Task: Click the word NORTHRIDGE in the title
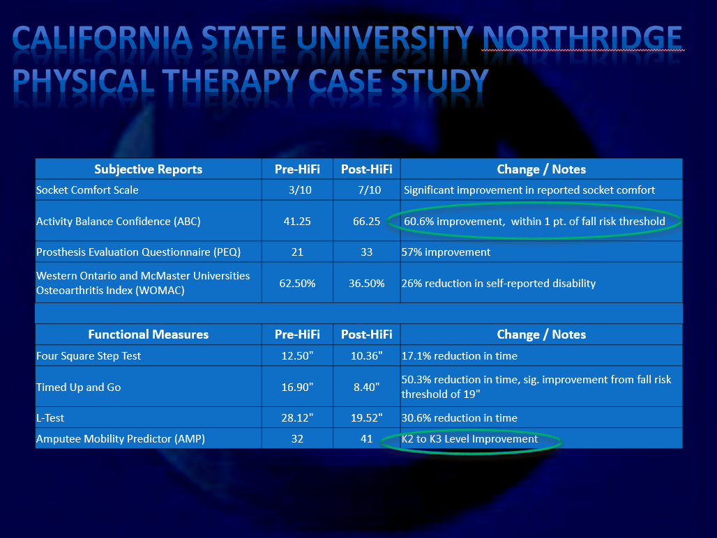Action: (x=582, y=38)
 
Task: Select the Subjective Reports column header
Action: (x=148, y=169)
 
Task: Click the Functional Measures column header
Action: (x=148, y=335)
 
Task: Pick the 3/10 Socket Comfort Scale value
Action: (x=300, y=190)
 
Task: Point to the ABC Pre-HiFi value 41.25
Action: (x=297, y=221)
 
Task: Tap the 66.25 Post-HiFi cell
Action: (x=367, y=221)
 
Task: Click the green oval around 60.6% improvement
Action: (x=534, y=203)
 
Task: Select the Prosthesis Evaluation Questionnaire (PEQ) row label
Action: (x=139, y=252)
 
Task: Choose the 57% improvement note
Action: (x=446, y=252)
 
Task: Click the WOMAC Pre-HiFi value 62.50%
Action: (x=297, y=283)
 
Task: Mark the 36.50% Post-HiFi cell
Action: (x=367, y=283)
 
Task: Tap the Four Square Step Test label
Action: (x=89, y=356)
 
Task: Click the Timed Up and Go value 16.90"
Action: (x=297, y=387)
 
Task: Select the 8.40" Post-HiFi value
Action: (x=367, y=387)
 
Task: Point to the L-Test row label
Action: (x=50, y=418)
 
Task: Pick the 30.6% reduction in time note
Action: (x=460, y=418)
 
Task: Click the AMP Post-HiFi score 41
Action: (x=367, y=439)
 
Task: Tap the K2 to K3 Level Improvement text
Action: (x=469, y=439)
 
